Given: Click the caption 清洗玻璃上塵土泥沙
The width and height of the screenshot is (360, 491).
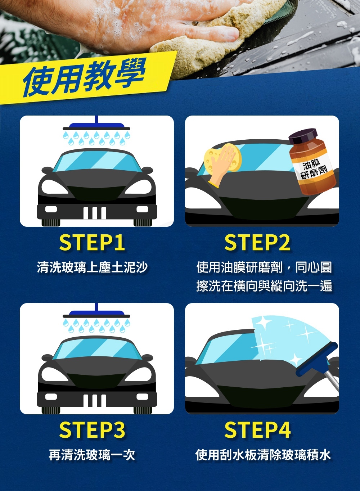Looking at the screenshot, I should (92, 267).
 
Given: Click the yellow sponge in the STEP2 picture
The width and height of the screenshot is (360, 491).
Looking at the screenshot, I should (222, 158).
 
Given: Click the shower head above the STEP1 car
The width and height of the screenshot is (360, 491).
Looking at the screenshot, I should (96, 127).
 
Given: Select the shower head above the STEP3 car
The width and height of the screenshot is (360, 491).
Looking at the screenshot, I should (96, 314).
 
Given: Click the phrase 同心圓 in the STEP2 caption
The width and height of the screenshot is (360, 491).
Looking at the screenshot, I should (313, 267).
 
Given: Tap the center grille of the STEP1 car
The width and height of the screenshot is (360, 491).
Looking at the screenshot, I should (95, 212).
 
